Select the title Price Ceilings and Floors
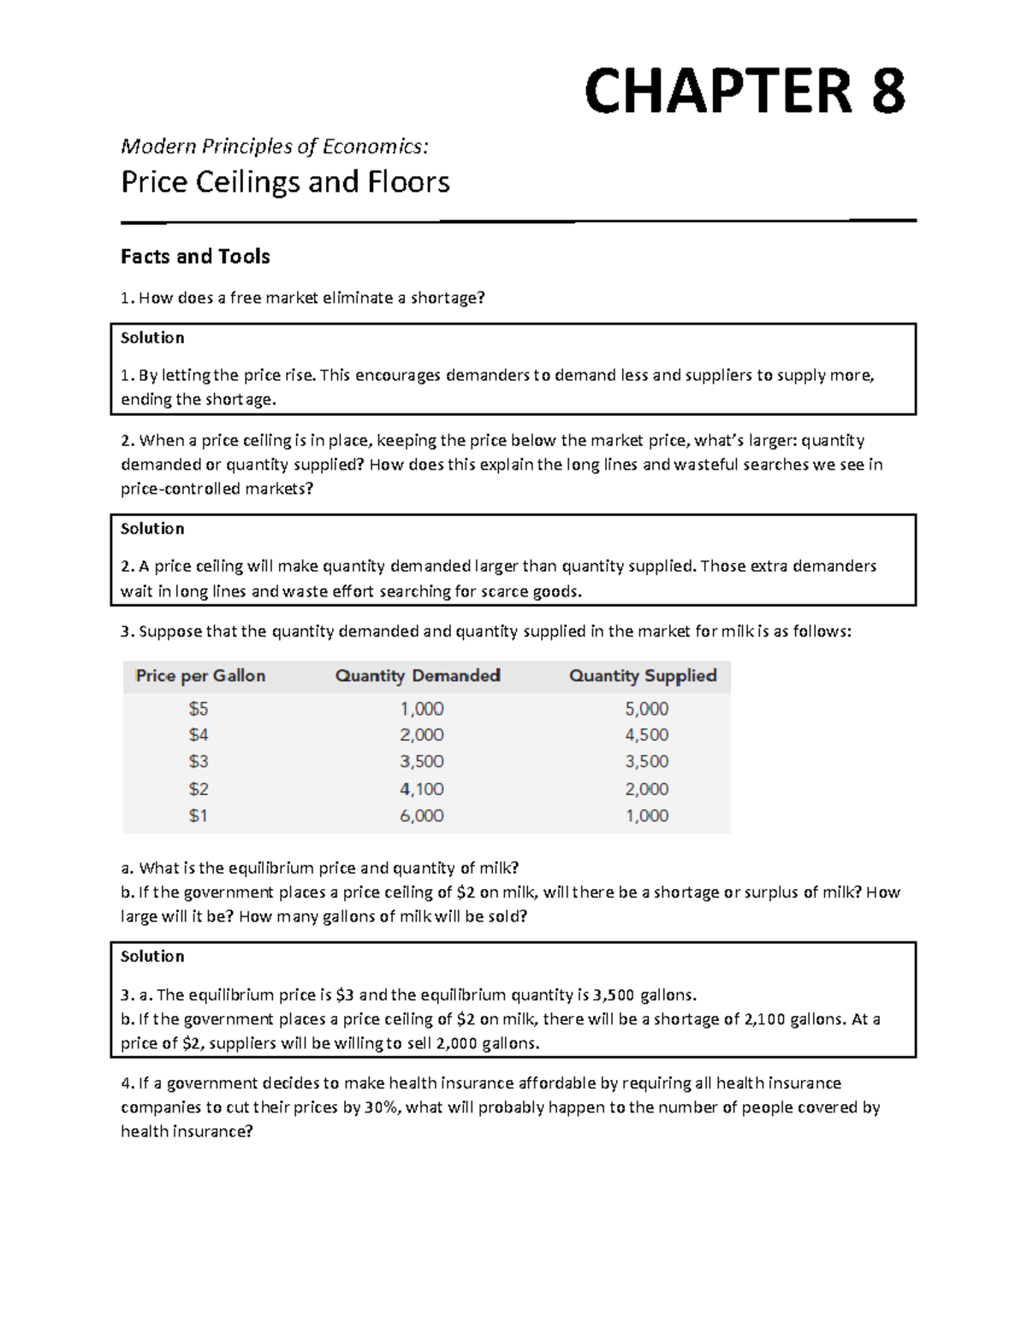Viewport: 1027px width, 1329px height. pyautogui.click(x=285, y=182)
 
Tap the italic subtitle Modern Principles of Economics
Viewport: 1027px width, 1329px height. pyautogui.click(x=274, y=146)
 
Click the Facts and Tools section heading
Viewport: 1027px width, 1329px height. pyautogui.click(x=195, y=257)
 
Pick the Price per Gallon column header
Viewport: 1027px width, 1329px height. pyautogui.click(x=200, y=676)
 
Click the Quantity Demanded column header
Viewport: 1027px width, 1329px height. pyautogui.click(x=418, y=676)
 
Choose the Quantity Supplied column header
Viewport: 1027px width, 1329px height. pyautogui.click(x=643, y=676)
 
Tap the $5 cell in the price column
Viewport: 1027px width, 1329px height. pyautogui.click(x=199, y=709)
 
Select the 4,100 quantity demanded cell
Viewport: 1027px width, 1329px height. pyautogui.click(x=422, y=789)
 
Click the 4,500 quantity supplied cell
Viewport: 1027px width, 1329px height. pyautogui.click(x=647, y=735)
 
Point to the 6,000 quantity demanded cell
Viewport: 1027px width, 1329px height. pyautogui.click(x=422, y=816)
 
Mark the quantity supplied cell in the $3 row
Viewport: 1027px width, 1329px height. pyautogui.click(x=647, y=762)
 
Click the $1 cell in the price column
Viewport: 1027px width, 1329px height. pyautogui.click(x=199, y=816)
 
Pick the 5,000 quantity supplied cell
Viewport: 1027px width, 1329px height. pyautogui.click(x=647, y=709)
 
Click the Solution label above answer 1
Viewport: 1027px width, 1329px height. pyautogui.click(x=152, y=338)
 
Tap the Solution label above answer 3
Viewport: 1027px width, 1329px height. pyautogui.click(x=152, y=956)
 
